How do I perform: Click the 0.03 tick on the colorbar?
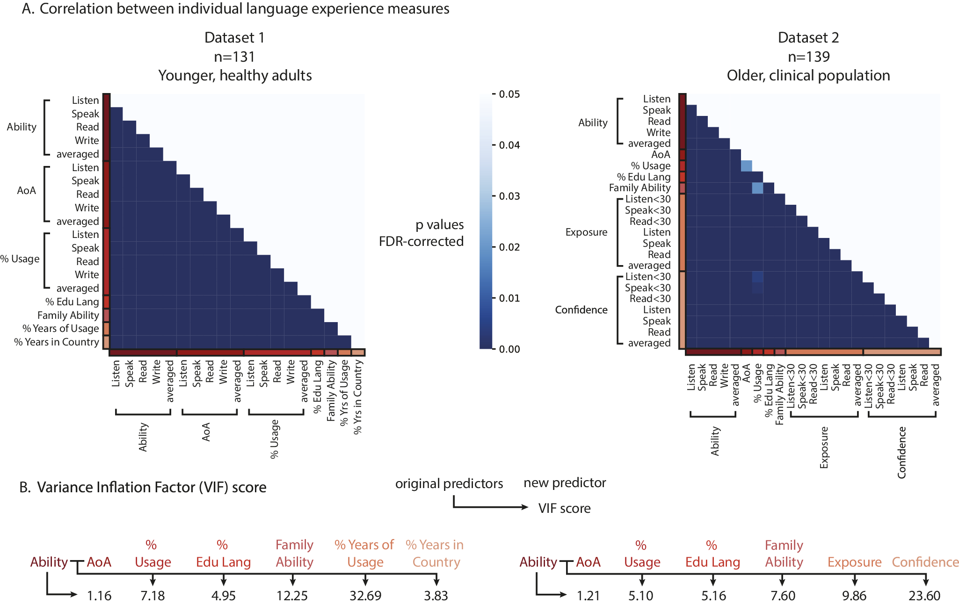click(x=509, y=196)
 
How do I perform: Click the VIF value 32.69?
click(x=365, y=596)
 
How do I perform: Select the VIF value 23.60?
click(x=924, y=596)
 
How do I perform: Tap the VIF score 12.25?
click(x=292, y=596)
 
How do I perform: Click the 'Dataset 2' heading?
click(x=808, y=37)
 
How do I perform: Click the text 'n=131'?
click(x=234, y=57)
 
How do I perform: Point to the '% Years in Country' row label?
click(x=57, y=342)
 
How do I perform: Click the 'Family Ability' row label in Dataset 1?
click(x=68, y=315)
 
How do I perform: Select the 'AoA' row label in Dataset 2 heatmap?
click(x=661, y=154)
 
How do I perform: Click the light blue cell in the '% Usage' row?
click(x=747, y=166)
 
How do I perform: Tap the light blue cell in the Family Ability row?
click(x=757, y=188)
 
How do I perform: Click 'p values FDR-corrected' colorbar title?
click(x=421, y=233)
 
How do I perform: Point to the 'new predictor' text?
click(x=565, y=482)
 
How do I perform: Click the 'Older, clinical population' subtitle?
click(x=808, y=75)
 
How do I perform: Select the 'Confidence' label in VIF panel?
click(x=925, y=562)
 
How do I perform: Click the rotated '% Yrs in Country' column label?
click(x=358, y=397)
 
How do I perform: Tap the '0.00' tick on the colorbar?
click(x=509, y=349)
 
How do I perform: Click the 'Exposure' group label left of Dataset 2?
click(x=586, y=232)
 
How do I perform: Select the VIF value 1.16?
click(x=99, y=596)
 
